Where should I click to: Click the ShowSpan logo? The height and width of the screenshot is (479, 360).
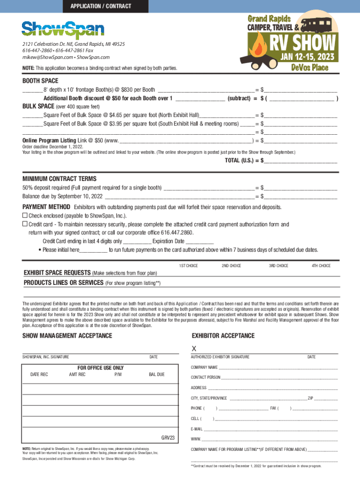click(63, 29)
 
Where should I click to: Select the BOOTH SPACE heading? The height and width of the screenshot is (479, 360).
click(40, 81)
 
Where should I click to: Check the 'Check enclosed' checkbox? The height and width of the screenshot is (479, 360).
click(25, 216)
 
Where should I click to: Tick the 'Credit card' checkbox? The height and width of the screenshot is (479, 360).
click(25, 224)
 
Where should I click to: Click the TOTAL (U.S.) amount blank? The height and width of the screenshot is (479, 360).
click(300, 160)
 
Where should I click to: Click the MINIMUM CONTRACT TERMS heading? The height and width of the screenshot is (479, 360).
click(59, 179)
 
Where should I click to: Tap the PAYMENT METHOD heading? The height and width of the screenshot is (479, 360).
click(46, 207)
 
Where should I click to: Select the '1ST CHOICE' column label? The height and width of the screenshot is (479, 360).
click(188, 266)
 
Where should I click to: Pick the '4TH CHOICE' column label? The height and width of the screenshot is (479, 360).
click(321, 266)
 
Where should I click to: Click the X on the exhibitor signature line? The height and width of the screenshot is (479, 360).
click(194, 348)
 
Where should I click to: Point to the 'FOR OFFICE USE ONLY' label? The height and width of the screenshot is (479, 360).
click(101, 368)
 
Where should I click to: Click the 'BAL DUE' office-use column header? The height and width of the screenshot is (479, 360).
click(157, 375)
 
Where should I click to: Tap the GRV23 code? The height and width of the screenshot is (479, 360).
click(168, 438)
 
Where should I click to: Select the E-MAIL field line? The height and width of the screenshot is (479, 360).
click(270, 429)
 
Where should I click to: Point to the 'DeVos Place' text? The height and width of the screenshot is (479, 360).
click(310, 68)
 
